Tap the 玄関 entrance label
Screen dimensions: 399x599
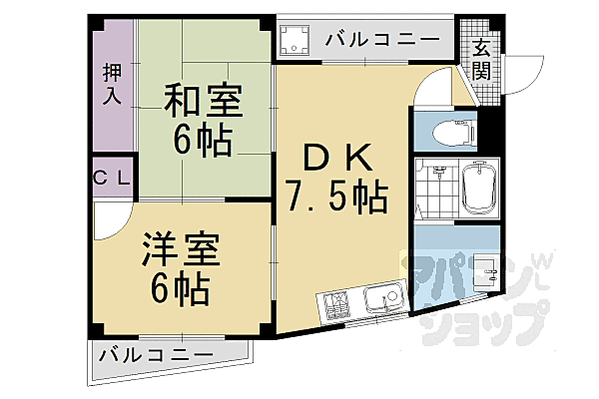481,59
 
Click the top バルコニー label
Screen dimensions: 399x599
382,40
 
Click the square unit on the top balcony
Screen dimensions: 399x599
296,40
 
